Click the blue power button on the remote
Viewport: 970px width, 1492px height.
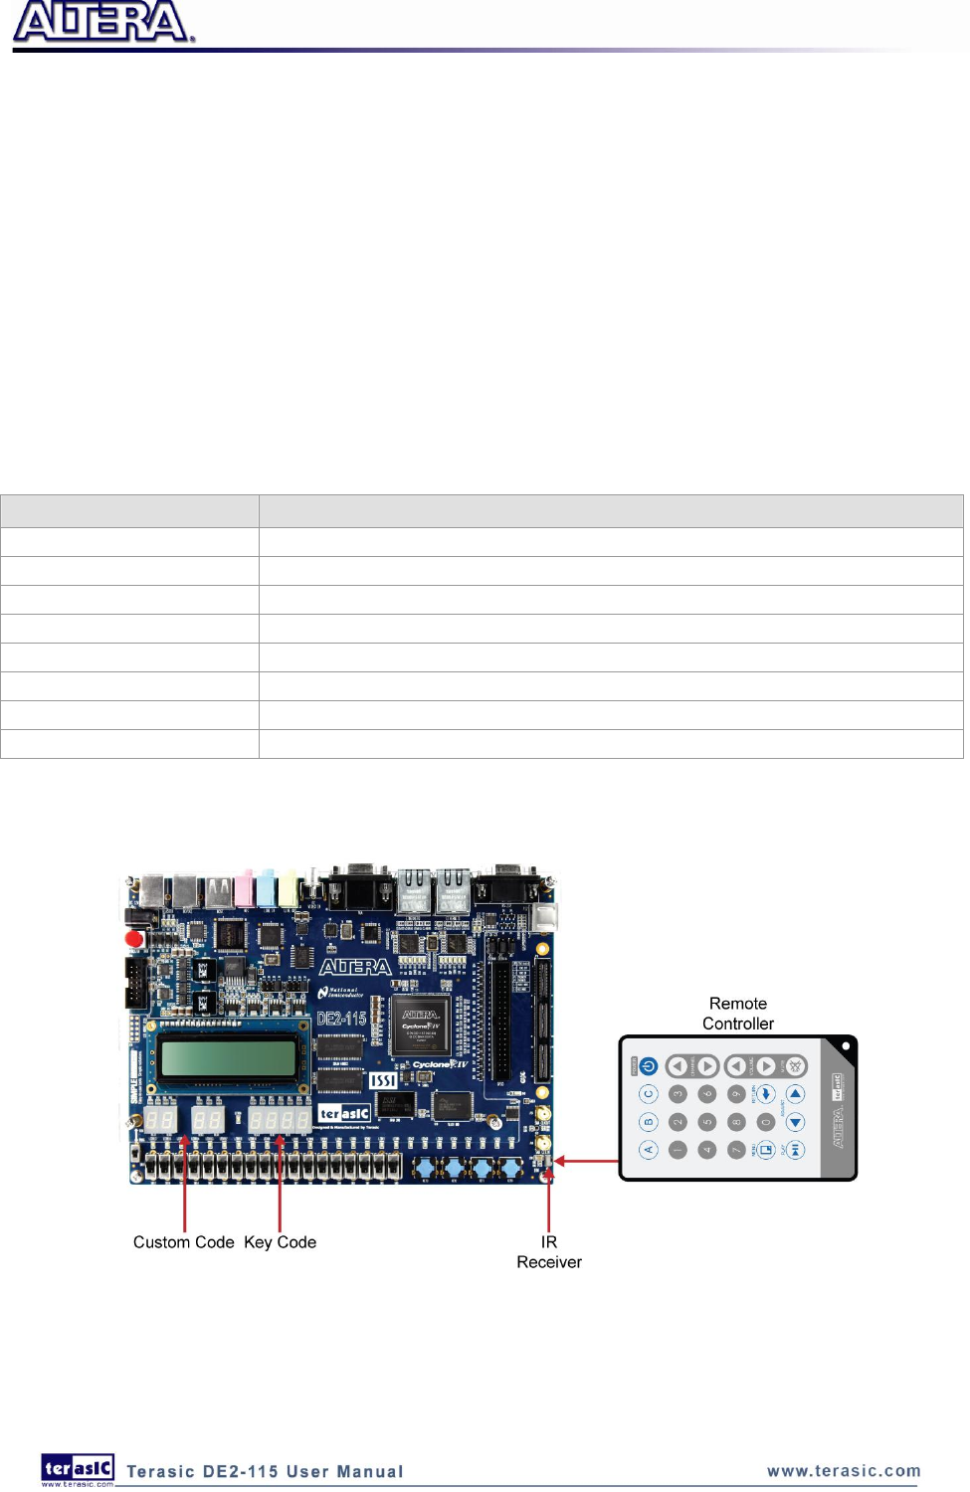pyautogui.click(x=649, y=1066)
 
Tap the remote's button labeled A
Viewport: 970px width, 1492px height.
pyautogui.click(x=649, y=1150)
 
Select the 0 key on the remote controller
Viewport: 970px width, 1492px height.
pyautogui.click(x=765, y=1122)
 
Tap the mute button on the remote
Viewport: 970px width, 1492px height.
pyautogui.click(x=795, y=1066)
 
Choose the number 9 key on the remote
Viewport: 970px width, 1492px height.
pyautogui.click(x=736, y=1094)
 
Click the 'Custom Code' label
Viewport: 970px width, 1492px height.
pyautogui.click(x=183, y=1242)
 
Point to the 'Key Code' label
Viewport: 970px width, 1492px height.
pyautogui.click(x=280, y=1242)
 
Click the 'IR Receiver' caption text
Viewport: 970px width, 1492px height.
pyautogui.click(x=548, y=1252)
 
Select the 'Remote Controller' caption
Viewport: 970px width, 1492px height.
pyautogui.click(x=737, y=1014)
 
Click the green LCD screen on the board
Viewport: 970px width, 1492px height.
pyautogui.click(x=228, y=1057)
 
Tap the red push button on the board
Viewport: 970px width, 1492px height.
pyautogui.click(x=134, y=938)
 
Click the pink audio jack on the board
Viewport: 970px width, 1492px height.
pyautogui.click(x=243, y=888)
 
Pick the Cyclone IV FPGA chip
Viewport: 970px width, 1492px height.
pyautogui.click(x=421, y=1026)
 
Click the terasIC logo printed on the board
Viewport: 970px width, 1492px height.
pyautogui.click(x=344, y=1113)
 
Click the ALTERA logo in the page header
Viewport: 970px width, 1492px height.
pyautogui.click(x=101, y=22)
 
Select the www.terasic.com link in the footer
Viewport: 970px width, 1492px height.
pyautogui.click(x=844, y=1471)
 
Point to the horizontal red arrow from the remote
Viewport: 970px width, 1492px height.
pyautogui.click(x=587, y=1161)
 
